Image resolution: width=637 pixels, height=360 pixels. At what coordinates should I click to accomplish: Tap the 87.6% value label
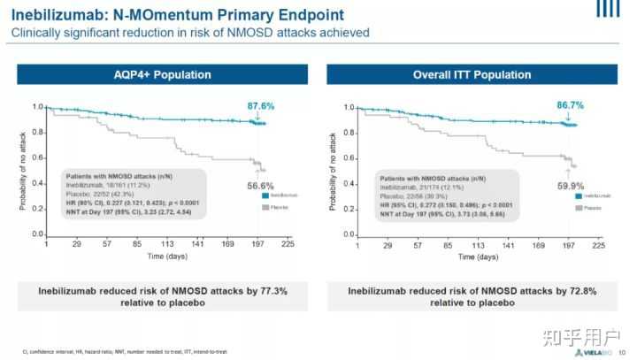coord(260,106)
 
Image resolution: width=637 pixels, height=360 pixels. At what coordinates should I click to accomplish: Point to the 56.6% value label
coord(258,186)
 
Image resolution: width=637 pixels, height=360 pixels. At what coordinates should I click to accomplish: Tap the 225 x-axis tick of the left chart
coord(288,245)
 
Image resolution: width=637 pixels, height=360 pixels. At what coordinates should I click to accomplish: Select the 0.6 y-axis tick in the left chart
coord(37,158)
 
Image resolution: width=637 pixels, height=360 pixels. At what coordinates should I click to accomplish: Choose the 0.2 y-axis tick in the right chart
coord(348,210)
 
